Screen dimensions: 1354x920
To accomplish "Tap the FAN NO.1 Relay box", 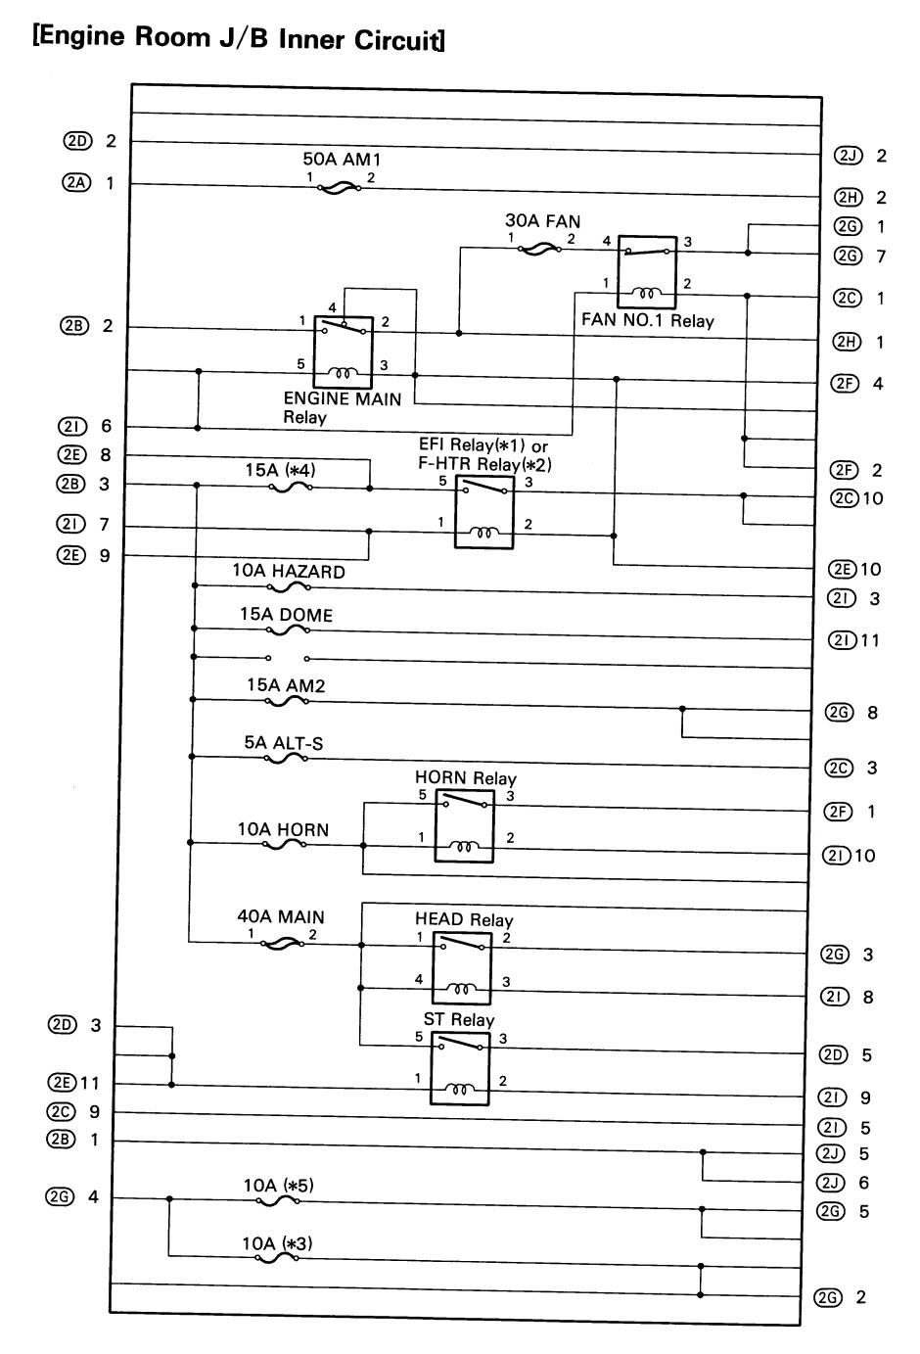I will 647,273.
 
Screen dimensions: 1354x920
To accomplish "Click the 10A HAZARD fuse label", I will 289,572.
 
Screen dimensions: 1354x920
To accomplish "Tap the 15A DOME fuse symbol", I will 288,630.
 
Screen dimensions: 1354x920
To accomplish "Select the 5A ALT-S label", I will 284,744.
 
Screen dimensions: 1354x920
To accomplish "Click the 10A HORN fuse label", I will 283,830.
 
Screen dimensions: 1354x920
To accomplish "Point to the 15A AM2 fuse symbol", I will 288,700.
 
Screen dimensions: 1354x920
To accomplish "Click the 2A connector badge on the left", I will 74,183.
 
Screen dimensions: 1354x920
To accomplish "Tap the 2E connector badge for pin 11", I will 62,1084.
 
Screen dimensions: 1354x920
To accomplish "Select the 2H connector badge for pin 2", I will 847,198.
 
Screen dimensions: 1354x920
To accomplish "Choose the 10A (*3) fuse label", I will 277,1243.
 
